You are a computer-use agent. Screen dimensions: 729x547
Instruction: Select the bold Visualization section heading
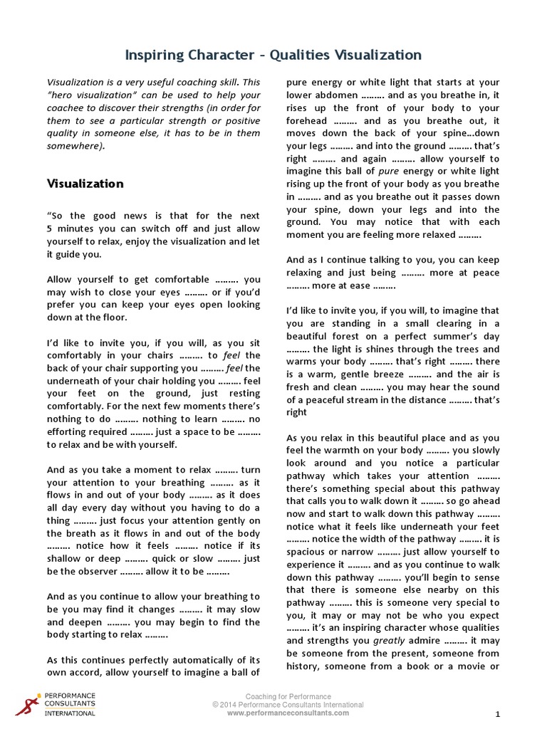(85, 184)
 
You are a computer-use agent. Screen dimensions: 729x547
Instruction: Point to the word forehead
(309, 121)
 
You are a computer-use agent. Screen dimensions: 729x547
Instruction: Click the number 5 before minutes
(50, 229)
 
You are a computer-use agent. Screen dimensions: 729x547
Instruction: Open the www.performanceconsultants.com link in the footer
(288, 713)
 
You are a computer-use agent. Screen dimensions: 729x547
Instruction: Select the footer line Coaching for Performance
(288, 696)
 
